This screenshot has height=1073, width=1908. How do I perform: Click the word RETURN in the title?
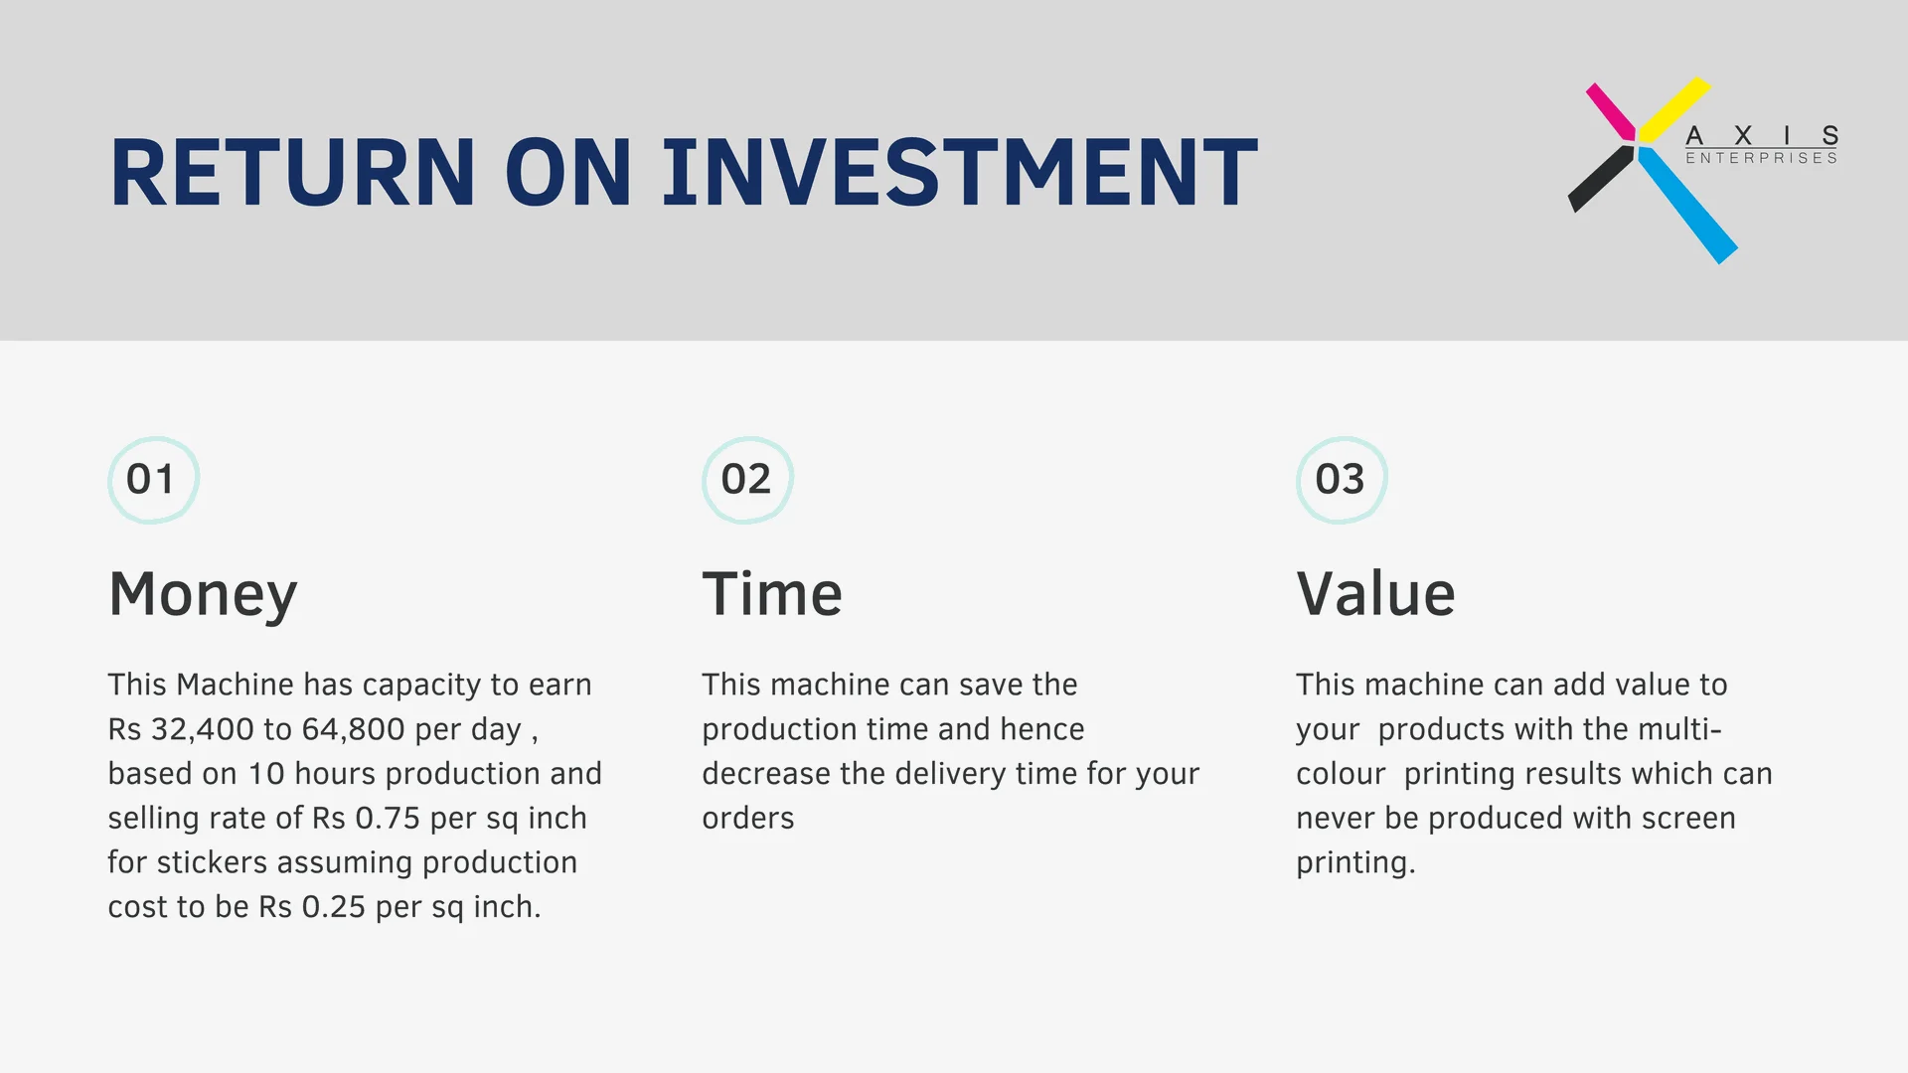[x=293, y=172]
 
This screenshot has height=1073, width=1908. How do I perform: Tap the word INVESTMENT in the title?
[x=961, y=172]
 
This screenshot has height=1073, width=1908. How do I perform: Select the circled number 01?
[x=153, y=480]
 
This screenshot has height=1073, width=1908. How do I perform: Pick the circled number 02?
[x=747, y=480]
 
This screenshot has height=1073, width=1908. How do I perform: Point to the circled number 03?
[x=1342, y=480]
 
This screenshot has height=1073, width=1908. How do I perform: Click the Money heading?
[x=203, y=595]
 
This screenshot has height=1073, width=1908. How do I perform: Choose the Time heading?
[x=772, y=593]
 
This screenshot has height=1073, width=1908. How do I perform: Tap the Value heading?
[x=1375, y=593]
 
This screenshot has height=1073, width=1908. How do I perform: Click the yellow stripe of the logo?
[x=1675, y=108]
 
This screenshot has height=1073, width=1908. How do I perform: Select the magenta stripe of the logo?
[x=1611, y=111]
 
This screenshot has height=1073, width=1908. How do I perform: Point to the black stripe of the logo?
[x=1601, y=179]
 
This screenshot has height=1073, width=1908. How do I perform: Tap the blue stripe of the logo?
[x=1687, y=205]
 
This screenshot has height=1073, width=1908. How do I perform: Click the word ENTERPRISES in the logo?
[x=1762, y=158]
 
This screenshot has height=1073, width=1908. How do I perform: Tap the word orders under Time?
[x=748, y=818]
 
